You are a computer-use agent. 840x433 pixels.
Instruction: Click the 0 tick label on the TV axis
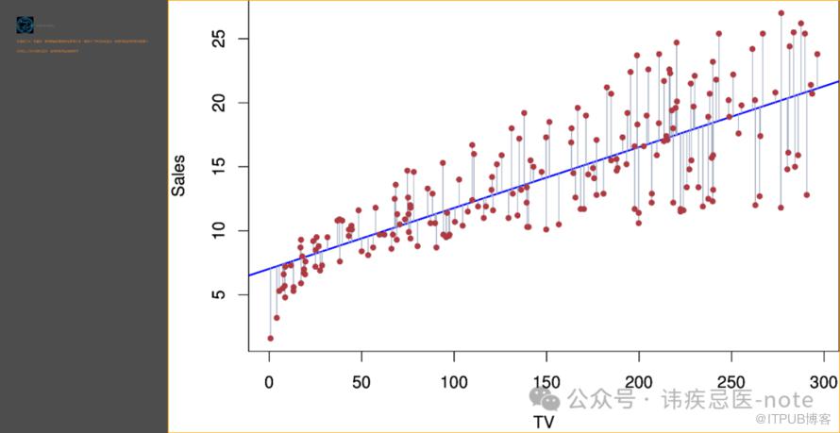pyautogui.click(x=269, y=383)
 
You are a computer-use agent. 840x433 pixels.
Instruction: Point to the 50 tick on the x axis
pyautogui.click(x=361, y=383)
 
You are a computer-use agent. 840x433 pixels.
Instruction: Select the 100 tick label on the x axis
pyautogui.click(x=454, y=383)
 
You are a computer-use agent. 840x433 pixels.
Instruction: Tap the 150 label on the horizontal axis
pyautogui.click(x=546, y=383)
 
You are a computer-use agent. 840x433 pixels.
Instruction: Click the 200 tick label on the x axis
pyautogui.click(x=639, y=383)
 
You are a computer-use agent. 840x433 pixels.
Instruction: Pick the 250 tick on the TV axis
pyautogui.click(x=731, y=383)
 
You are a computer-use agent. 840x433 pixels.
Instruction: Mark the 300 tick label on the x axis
pyautogui.click(x=824, y=383)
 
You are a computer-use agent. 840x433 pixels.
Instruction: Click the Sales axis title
pyautogui.click(x=178, y=175)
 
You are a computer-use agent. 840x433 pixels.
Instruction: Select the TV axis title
pyautogui.click(x=545, y=422)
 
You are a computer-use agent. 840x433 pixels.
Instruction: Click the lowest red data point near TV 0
pyautogui.click(x=270, y=338)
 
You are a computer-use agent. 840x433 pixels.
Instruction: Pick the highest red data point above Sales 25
pyautogui.click(x=781, y=13)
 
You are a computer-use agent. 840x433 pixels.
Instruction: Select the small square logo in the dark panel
pyautogui.click(x=25, y=25)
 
